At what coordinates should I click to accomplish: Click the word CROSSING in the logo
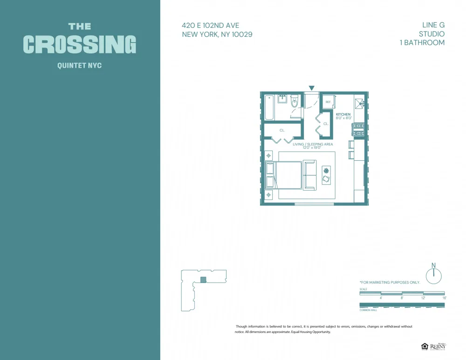click(80, 44)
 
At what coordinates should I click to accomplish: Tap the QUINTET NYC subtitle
click(79, 66)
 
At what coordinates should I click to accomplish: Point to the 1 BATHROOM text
click(422, 42)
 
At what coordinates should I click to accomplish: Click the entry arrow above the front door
click(312, 88)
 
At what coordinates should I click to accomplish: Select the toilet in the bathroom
click(295, 102)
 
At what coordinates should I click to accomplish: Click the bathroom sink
click(282, 98)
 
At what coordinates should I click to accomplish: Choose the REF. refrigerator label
click(328, 102)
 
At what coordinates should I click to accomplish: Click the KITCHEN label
click(343, 114)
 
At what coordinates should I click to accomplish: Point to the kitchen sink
click(359, 103)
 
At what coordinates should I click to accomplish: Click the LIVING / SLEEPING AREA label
click(313, 144)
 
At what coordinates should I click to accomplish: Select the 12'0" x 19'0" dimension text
click(312, 148)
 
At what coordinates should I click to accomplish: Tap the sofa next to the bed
click(309, 175)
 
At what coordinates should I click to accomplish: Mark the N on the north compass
click(433, 265)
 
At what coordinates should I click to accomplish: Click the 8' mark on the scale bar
click(402, 298)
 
